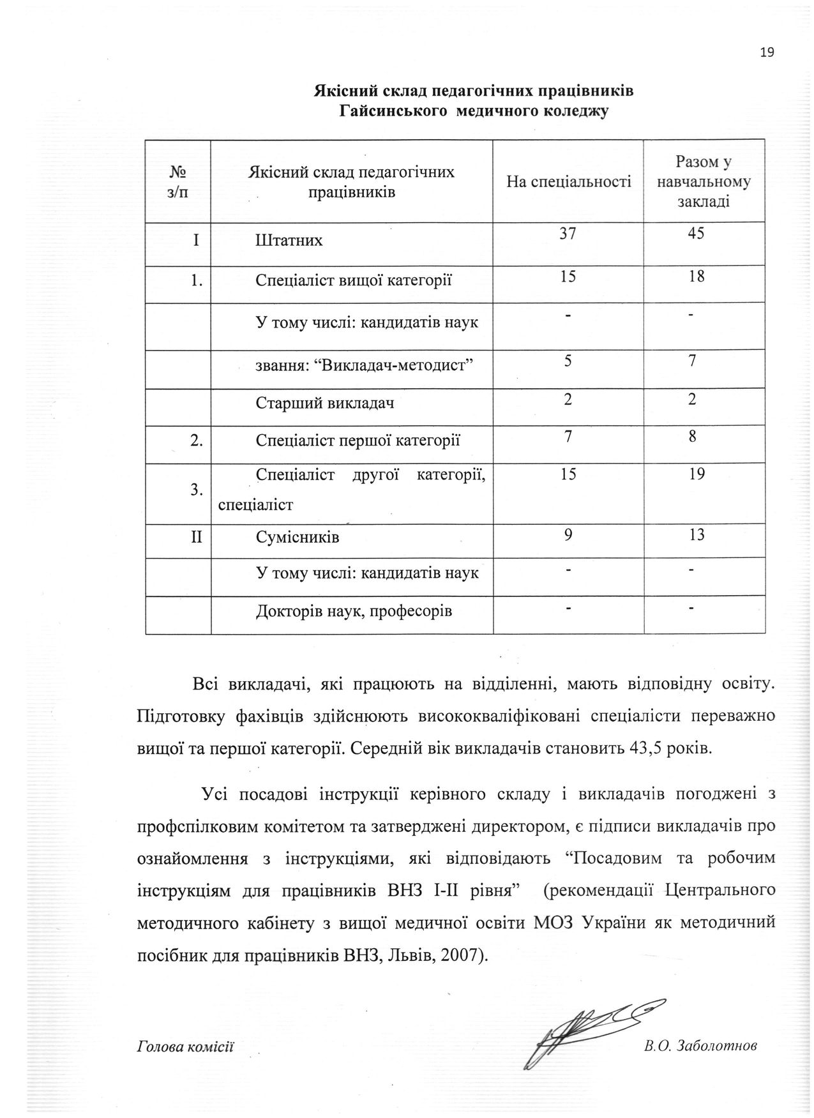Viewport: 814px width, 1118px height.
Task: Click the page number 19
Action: click(x=767, y=52)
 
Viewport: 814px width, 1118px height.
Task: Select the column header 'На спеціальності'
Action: click(x=568, y=182)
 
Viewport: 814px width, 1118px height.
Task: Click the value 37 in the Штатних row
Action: click(x=568, y=234)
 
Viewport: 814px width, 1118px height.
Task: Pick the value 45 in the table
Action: click(x=697, y=234)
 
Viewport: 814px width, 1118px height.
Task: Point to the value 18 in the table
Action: click(x=697, y=276)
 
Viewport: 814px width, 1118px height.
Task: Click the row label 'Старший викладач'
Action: click(x=324, y=404)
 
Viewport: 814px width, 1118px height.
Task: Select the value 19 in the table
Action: click(x=697, y=474)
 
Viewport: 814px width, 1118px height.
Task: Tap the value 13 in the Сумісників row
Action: click(x=697, y=534)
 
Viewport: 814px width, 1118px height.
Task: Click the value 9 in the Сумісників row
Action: click(x=568, y=534)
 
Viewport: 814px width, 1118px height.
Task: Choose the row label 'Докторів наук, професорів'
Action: click(x=354, y=612)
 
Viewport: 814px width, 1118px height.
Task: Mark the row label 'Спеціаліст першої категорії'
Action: click(x=358, y=441)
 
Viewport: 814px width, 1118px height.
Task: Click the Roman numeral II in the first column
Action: click(x=196, y=537)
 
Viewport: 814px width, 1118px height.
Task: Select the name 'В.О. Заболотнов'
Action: click(x=700, y=1046)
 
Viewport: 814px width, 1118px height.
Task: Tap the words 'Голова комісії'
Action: click(x=185, y=1047)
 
